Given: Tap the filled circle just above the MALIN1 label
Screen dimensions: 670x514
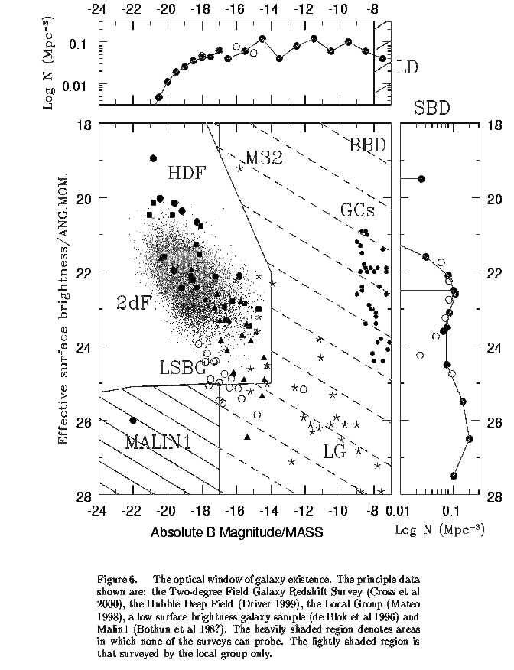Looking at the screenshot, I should coord(133,420).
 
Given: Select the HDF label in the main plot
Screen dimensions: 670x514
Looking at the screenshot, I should coord(187,172).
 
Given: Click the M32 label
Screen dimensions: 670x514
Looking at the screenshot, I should coord(265,158).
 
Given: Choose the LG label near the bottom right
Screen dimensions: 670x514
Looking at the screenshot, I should coord(333,451).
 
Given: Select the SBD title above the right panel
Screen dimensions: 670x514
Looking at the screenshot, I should coord(431,108).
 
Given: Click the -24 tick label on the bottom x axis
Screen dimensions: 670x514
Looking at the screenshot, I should coord(98,509).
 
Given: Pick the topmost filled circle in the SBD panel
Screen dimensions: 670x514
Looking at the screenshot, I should coord(421,179).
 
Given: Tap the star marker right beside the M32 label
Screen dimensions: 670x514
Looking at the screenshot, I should coord(239,168).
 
